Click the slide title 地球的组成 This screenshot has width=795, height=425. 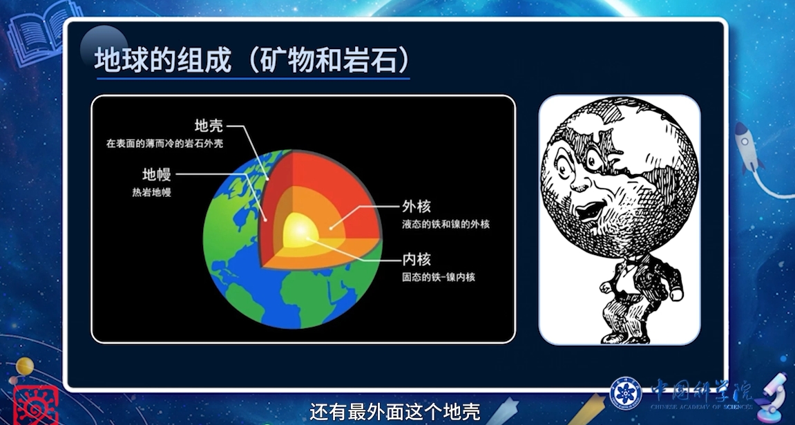[x=163, y=60]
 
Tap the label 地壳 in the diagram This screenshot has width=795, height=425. [x=209, y=125]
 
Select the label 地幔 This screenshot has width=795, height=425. [x=157, y=175]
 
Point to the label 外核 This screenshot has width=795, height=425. [x=416, y=207]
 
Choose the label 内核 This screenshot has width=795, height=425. [x=416, y=260]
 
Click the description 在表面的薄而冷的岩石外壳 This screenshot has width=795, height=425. [x=165, y=144]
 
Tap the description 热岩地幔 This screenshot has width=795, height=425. [x=151, y=192]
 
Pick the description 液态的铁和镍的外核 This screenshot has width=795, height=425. [x=446, y=224]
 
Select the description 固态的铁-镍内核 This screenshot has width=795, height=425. [x=439, y=277]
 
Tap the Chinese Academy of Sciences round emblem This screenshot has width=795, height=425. [x=626, y=393]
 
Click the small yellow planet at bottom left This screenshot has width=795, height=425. [x=25, y=366]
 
